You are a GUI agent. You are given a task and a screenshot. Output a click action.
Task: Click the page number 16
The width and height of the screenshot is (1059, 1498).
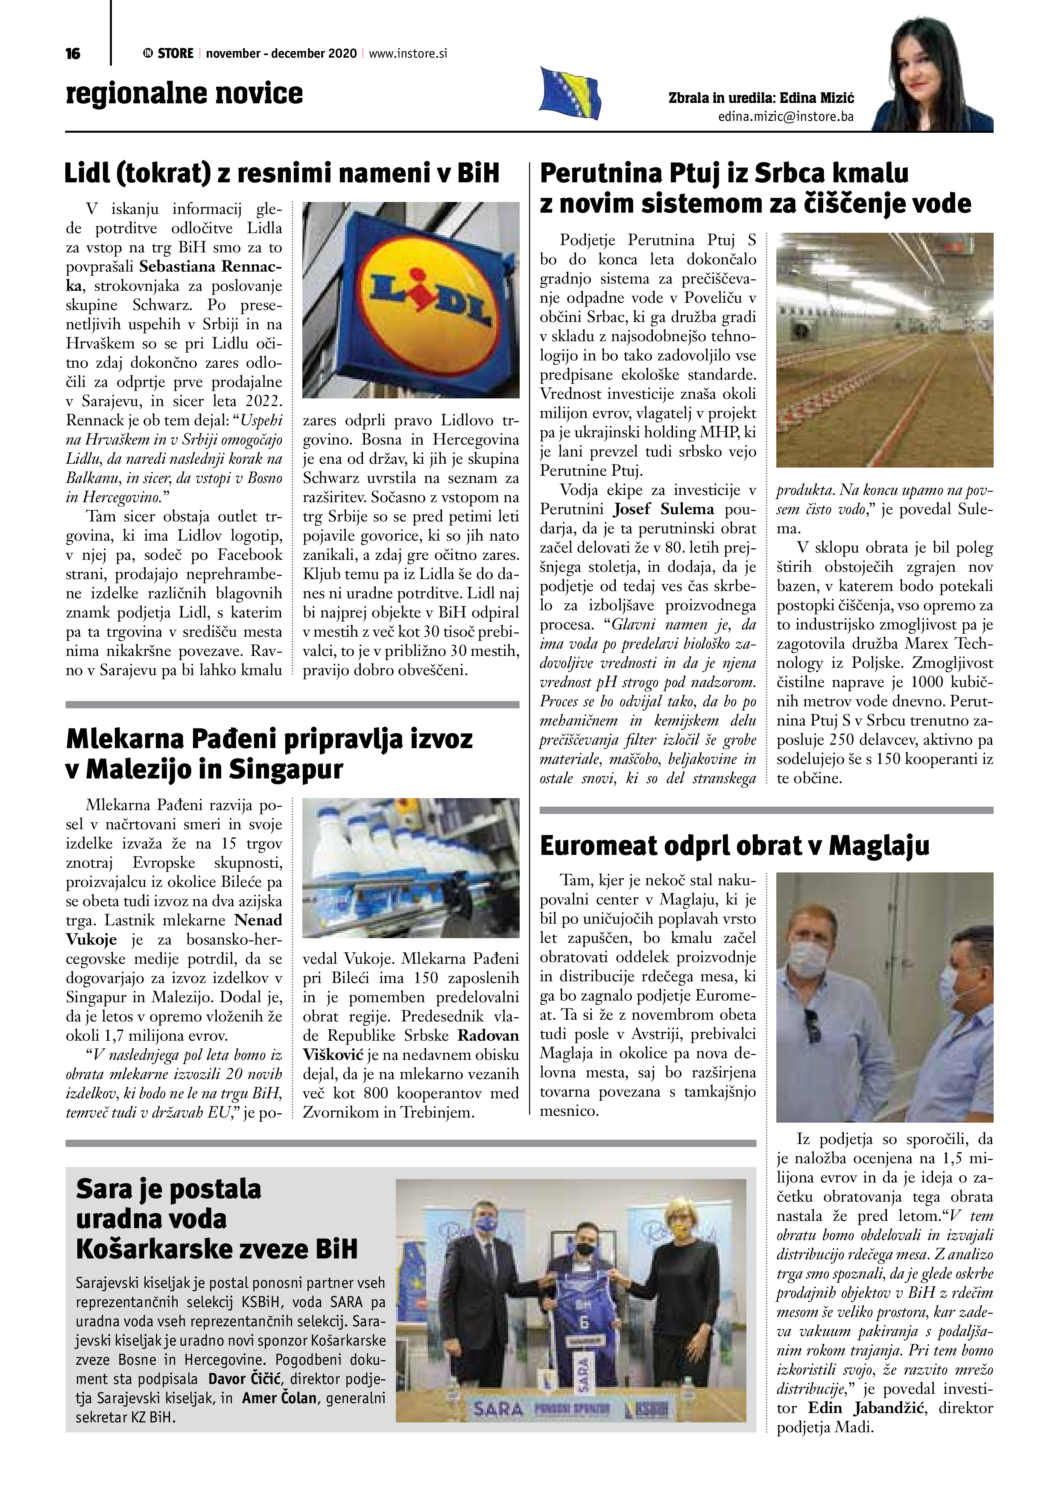coord(73,53)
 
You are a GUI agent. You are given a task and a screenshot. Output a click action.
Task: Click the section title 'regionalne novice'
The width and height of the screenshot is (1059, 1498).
coord(184,93)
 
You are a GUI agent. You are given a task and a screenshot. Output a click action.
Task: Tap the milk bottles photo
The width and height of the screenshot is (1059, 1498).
coord(411,867)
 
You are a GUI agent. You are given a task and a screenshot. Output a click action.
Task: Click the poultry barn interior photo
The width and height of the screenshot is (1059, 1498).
coord(884,350)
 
